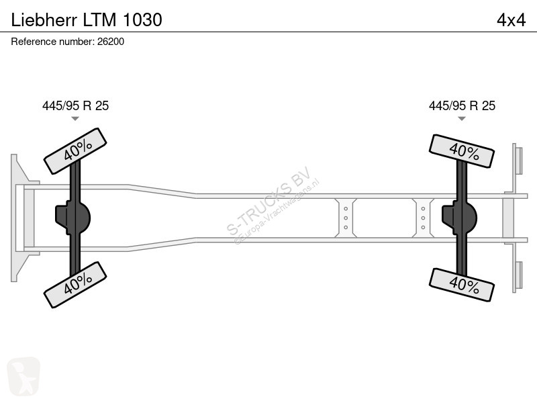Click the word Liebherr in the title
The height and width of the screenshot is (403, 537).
(44, 20)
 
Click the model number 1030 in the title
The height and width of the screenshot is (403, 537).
(142, 20)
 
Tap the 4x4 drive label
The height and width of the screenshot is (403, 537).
(511, 20)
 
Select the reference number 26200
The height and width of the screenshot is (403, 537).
(111, 42)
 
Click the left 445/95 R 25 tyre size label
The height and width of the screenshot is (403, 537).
(75, 105)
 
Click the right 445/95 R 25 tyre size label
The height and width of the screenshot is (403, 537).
(462, 105)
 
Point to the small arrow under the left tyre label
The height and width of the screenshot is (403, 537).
(75, 119)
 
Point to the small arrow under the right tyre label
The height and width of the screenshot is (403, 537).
(462, 119)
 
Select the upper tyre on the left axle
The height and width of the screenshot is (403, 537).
(75, 151)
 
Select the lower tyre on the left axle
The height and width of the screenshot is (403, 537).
(75, 285)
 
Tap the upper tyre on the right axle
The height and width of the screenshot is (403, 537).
(462, 151)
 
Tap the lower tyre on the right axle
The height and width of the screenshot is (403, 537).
(462, 285)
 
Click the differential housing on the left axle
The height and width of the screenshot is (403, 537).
(72, 218)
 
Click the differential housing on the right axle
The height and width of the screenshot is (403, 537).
(459, 218)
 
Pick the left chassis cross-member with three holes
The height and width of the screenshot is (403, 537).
(346, 218)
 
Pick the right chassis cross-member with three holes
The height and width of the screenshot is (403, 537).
(423, 218)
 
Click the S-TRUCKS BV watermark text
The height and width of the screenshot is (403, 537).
(269, 200)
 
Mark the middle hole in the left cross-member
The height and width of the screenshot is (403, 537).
(346, 218)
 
